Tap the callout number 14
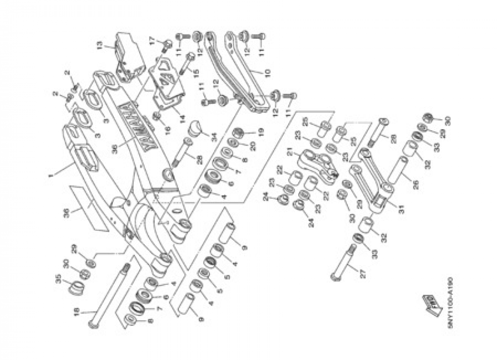(x=182, y=119)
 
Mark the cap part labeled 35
(x=77, y=288)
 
